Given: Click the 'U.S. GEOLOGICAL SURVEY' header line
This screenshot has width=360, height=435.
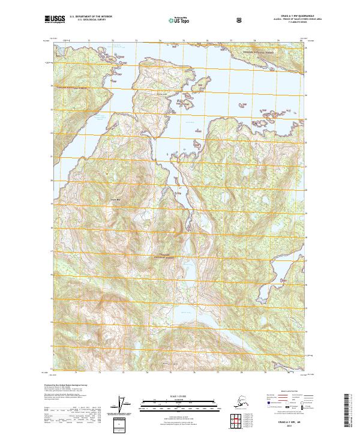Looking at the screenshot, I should coord(91,21).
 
